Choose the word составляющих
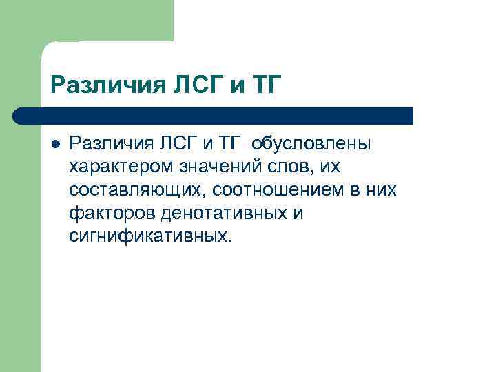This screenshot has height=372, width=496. [x=129, y=189]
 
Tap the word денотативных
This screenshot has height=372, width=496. [x=224, y=213]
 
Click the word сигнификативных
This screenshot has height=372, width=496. [x=151, y=236]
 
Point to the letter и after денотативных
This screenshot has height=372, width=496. [x=298, y=213]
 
